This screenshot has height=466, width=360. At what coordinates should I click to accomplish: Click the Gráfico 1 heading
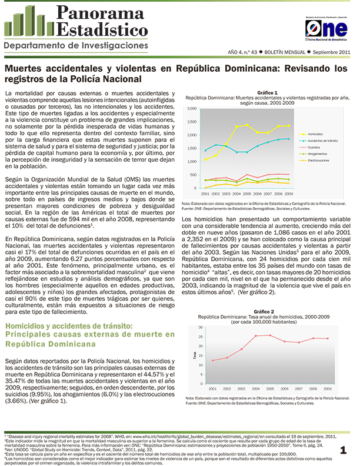pos(268,93)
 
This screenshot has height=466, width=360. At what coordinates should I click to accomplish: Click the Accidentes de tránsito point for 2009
pos(288,139)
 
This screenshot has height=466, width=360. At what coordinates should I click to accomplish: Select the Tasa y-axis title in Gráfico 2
pos(194,355)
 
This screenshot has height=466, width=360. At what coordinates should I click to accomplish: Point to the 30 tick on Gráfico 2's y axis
pos(201,327)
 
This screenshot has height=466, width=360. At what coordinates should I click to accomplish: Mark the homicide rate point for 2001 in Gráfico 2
pos(212,361)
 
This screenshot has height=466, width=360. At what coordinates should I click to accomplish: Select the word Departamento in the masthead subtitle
pos(36,45)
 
